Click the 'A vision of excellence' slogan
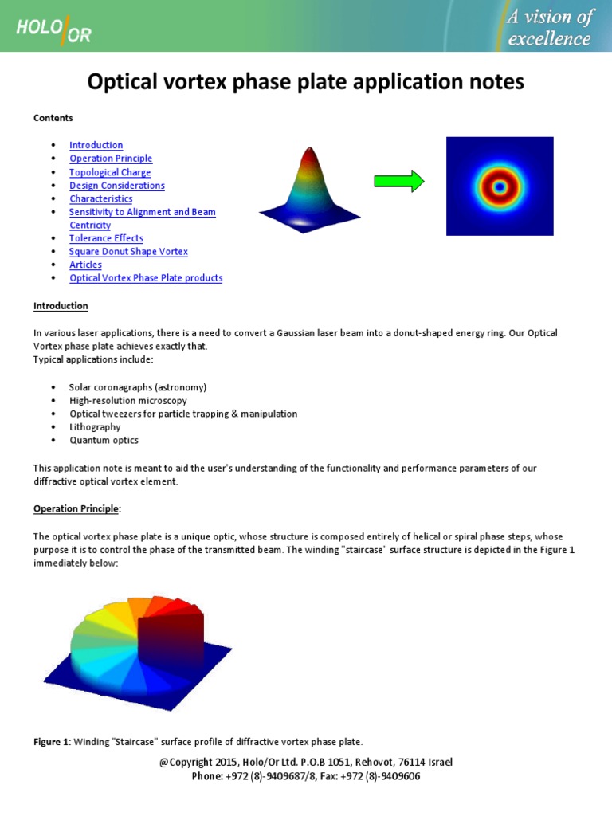[x=549, y=27]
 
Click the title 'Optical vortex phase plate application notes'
[x=305, y=81]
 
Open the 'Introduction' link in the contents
[x=96, y=145]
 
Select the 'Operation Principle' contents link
[x=111, y=159]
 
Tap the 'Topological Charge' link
[x=110, y=172]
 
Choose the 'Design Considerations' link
[x=117, y=186]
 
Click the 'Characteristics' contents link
[x=101, y=198]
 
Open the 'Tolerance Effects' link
[x=106, y=238]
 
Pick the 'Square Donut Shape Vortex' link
[x=128, y=252]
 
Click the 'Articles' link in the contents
[x=85, y=265]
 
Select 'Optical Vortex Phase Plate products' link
[x=146, y=278]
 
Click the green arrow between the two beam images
[x=399, y=182]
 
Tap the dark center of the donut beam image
[x=500, y=187]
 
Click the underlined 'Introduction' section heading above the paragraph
[x=61, y=306]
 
